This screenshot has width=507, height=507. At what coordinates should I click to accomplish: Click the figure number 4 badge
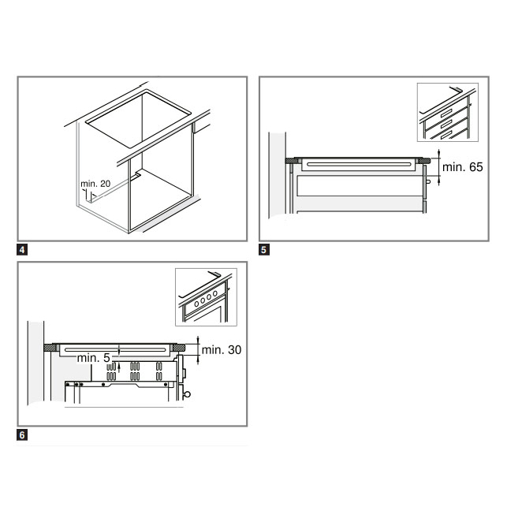tap(22, 250)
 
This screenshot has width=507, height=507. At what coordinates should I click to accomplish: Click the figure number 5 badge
tap(264, 250)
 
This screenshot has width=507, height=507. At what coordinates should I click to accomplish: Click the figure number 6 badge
tap(22, 435)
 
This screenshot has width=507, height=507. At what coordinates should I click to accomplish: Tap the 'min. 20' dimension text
tap(95, 184)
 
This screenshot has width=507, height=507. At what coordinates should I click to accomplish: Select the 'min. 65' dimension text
tap(462, 167)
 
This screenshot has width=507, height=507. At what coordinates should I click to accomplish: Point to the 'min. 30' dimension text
tap(222, 350)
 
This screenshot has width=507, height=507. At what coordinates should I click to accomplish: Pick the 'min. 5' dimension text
tap(94, 358)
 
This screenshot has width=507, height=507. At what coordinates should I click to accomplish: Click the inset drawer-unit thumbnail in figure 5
tap(448, 112)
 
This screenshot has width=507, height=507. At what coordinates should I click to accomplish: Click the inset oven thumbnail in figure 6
tap(206, 297)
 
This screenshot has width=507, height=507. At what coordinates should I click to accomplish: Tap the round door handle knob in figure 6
tap(187, 394)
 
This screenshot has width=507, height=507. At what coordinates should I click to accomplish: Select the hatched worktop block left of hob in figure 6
tap(50, 348)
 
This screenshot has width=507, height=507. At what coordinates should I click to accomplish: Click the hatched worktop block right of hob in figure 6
tap(179, 348)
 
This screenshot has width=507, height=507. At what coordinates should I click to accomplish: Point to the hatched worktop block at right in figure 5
tap(424, 161)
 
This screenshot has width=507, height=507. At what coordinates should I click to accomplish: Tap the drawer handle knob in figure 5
tap(428, 181)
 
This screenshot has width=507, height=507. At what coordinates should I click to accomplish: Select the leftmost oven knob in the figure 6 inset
tap(196, 304)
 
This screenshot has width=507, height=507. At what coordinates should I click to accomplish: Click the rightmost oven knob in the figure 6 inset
tap(215, 293)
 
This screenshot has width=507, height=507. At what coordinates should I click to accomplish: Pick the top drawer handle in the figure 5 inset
tap(446, 113)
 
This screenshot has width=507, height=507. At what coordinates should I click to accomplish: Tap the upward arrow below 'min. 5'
tap(119, 367)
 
